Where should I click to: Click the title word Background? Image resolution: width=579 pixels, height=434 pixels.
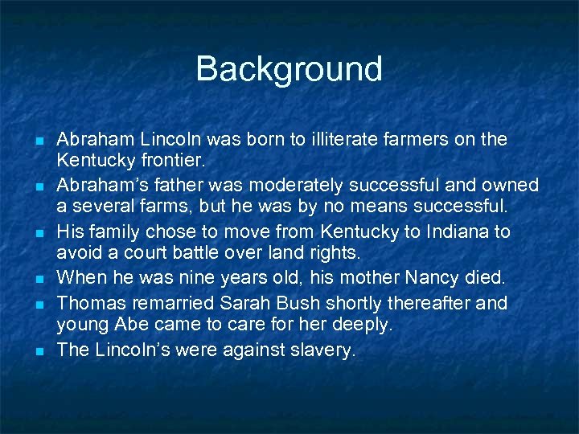click(x=289, y=69)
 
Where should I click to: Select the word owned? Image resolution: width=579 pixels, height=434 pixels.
click(x=511, y=186)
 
